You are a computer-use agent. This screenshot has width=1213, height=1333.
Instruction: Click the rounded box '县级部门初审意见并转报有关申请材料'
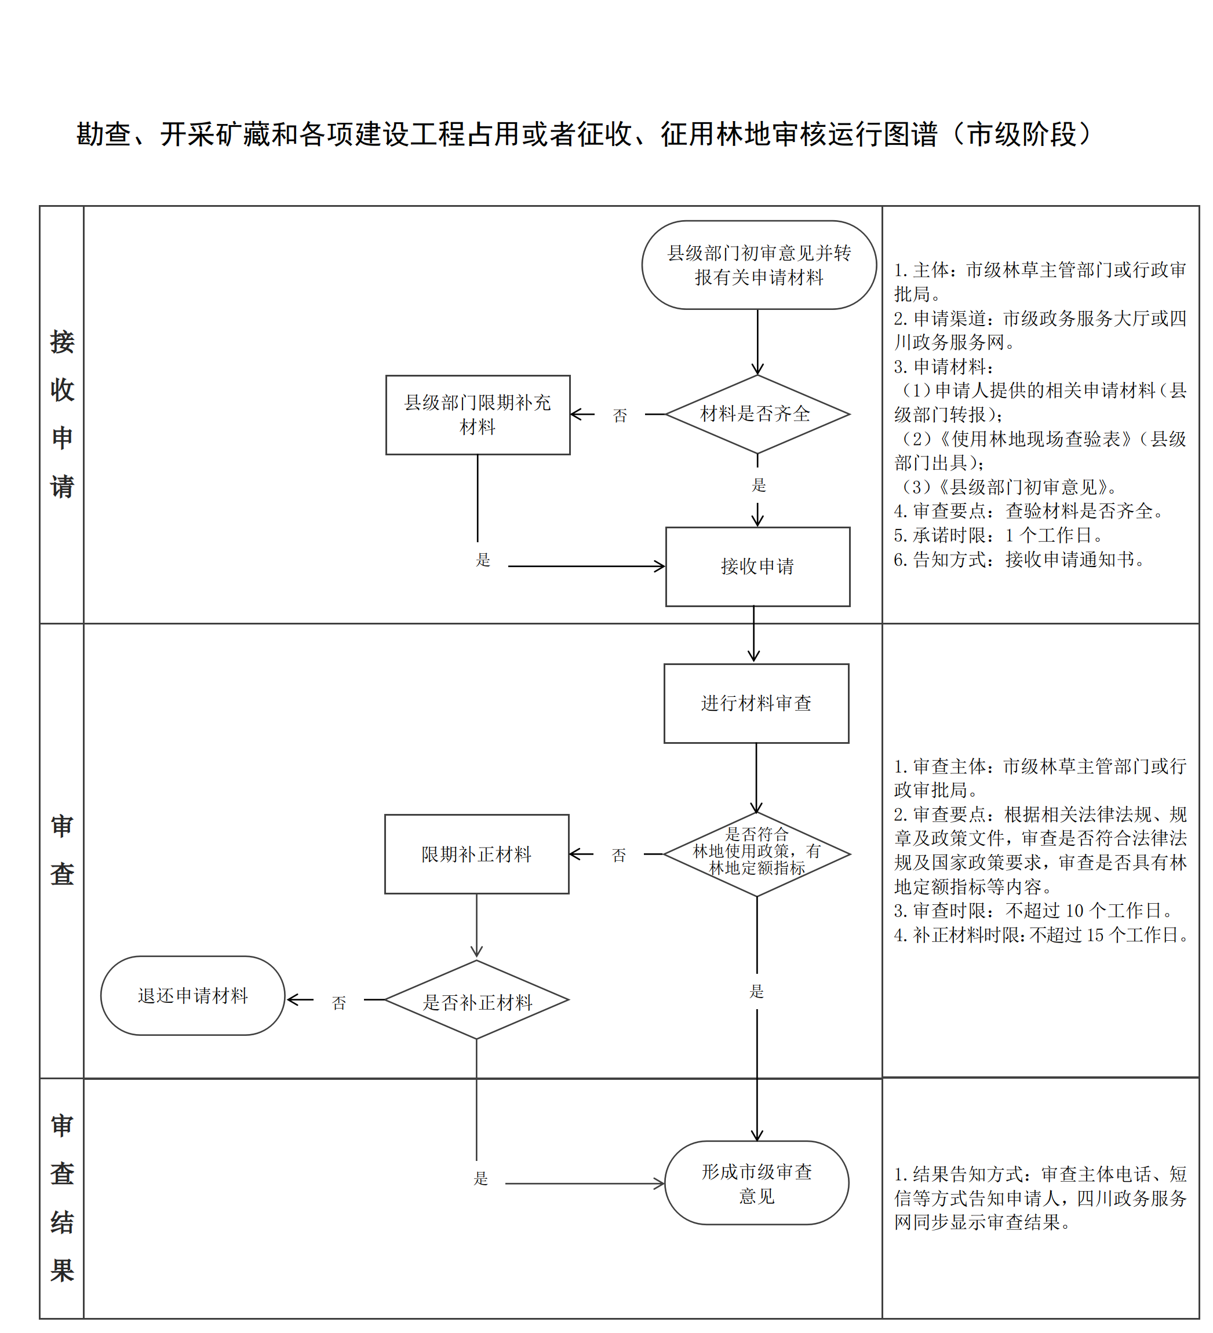tap(759, 265)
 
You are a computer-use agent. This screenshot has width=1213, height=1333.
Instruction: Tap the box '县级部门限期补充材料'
tap(478, 415)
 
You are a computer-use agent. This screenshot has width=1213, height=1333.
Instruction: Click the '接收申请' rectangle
tap(757, 567)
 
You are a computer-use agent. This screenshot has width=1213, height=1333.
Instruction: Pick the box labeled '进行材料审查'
tap(756, 703)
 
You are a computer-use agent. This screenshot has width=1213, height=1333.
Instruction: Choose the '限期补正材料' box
tap(476, 854)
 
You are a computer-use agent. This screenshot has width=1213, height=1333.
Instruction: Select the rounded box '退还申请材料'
tap(192, 996)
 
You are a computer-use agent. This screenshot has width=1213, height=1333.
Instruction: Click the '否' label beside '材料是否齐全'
tap(620, 416)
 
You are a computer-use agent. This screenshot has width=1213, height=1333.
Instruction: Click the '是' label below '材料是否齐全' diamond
tap(758, 485)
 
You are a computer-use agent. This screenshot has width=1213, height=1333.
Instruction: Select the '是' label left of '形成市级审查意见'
tap(481, 1178)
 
